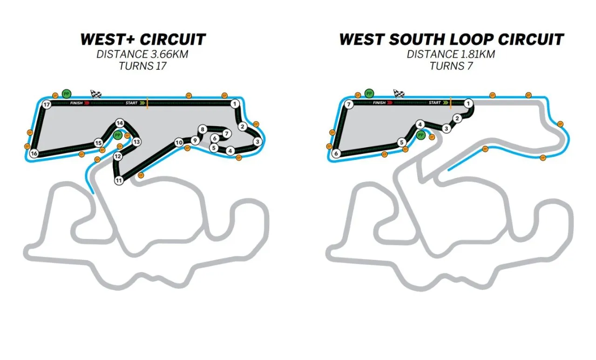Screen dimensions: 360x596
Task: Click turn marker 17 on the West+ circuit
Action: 46,105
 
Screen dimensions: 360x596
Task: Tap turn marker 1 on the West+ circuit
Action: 235,103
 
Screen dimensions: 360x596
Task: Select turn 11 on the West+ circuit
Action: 119,180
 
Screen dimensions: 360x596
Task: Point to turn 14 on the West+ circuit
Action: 120,123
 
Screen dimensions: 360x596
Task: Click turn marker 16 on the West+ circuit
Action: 34,153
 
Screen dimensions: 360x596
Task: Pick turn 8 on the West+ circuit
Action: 203,129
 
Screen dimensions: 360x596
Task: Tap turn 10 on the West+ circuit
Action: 179,142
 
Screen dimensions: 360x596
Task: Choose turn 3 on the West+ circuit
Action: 257,142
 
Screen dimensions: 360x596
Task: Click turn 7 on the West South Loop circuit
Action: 349,105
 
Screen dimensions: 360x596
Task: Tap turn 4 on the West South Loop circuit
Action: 420,124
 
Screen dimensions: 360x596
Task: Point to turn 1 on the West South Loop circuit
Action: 468,103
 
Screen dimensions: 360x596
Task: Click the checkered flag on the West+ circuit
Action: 96,94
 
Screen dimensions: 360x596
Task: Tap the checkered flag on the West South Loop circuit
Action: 399,94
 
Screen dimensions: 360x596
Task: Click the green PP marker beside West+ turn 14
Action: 117,135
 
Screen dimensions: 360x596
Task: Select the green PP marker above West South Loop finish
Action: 370,93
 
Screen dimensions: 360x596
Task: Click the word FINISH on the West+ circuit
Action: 76,103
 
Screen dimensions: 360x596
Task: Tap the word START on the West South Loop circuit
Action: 435,103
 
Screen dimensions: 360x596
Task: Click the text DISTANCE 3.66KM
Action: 142,54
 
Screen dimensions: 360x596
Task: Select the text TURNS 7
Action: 451,66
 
